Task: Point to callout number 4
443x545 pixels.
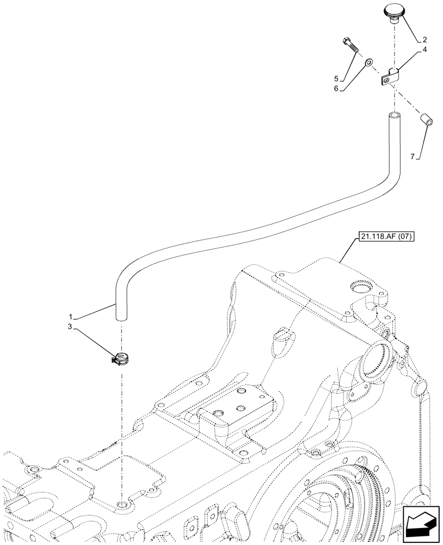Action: click(x=423, y=51)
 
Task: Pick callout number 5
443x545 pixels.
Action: click(x=337, y=78)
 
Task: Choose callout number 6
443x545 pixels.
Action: click(x=337, y=88)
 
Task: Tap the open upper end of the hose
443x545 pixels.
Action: click(x=394, y=116)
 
